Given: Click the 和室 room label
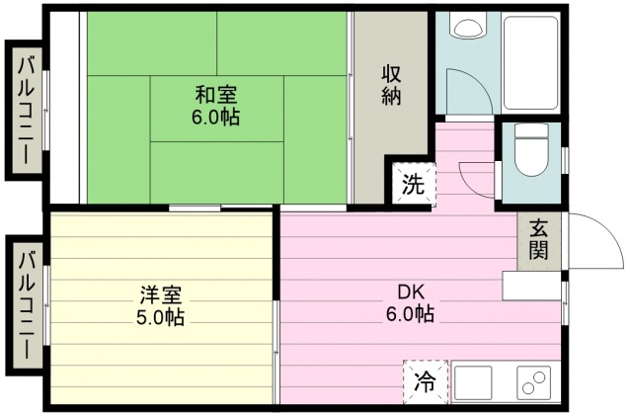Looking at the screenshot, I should (x=216, y=96).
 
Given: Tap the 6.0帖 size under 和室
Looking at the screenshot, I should (x=216, y=117).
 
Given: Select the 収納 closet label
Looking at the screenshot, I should (x=392, y=87).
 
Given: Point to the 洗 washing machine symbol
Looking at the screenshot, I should (x=414, y=183).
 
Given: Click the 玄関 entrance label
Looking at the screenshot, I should (x=538, y=240).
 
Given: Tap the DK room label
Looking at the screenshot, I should (x=410, y=292).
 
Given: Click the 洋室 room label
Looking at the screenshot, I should (x=159, y=295).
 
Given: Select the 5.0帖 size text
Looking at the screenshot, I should (x=159, y=317).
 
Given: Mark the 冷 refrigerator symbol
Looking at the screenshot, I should (x=424, y=380).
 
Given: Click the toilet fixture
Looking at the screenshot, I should (x=531, y=153).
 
